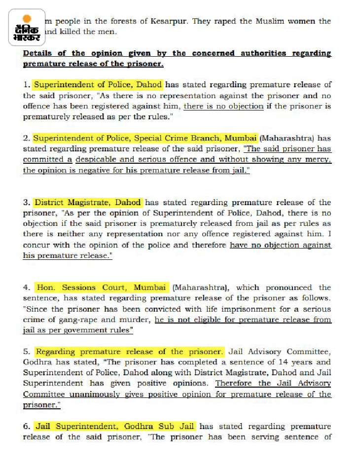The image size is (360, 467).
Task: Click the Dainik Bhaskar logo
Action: coord(27,28)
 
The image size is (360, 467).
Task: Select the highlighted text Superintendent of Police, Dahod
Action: coord(98,85)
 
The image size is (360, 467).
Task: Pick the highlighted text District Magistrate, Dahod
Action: coord(88,202)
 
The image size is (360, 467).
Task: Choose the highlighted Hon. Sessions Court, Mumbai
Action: coord(102,287)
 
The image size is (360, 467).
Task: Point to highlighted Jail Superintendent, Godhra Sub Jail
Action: coord(115,426)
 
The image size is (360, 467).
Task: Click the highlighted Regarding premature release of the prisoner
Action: coord(129,352)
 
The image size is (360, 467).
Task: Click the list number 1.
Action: coord(26,85)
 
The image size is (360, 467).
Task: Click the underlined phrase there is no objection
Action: coord(223,106)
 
